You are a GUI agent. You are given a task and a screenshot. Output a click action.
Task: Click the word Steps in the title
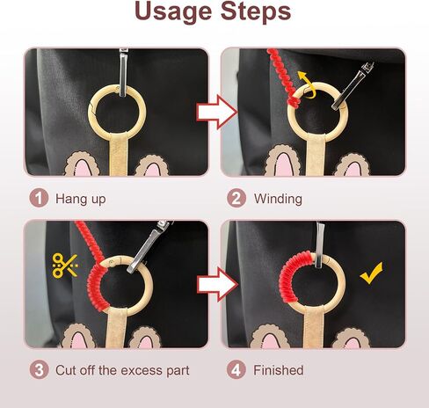pos(256,11)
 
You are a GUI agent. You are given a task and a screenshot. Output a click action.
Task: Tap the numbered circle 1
pos(39,199)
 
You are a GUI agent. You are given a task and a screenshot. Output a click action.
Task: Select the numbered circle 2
pos(236,199)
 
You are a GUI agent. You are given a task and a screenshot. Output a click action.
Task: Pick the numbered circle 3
pos(39,370)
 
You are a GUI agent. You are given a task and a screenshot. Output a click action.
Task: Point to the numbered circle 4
pos(236,370)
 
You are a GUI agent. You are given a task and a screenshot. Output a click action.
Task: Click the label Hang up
pos(81,200)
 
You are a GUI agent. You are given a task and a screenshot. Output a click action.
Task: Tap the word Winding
pos(278,199)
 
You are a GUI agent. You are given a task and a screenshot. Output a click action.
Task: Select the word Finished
pos(279,370)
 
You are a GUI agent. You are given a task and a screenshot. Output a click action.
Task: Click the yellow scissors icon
pos(65,266)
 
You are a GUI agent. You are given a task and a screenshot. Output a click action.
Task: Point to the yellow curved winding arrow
pos(307,85)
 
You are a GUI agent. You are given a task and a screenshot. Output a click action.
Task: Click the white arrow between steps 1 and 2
pos(217,112)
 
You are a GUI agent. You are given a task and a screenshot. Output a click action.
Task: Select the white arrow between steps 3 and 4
pos(217,284)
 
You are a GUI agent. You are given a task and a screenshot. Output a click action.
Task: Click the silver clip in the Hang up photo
pos(123,72)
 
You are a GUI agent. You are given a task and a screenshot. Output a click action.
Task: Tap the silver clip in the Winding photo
pos(353,86)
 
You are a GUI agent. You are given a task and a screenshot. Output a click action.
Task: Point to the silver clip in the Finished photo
pos(319,245)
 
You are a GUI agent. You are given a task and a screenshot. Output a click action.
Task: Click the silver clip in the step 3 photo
pos(149,246)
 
